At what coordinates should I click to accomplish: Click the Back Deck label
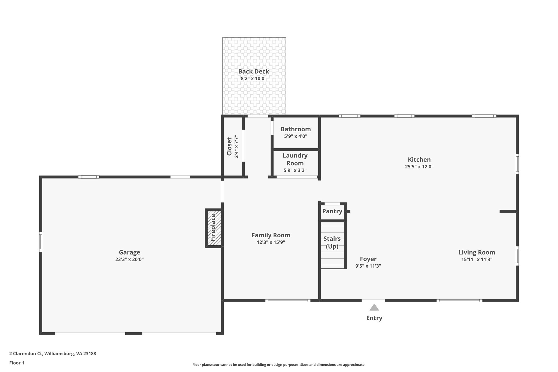click(x=253, y=71)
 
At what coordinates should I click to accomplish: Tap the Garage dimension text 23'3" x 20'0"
click(x=129, y=259)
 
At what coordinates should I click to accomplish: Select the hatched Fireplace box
click(x=213, y=228)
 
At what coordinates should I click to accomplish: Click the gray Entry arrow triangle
click(x=374, y=308)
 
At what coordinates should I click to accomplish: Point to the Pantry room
click(x=332, y=211)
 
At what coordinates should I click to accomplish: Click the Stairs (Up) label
click(x=332, y=243)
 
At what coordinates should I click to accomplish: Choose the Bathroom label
click(x=296, y=129)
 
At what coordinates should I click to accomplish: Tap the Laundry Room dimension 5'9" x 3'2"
click(x=295, y=171)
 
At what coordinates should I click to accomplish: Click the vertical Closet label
click(x=229, y=147)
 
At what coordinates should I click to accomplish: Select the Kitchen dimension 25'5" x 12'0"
click(x=419, y=167)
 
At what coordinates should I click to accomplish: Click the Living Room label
click(x=477, y=252)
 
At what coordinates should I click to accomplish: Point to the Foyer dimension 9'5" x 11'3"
click(x=368, y=266)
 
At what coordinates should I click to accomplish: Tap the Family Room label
click(x=271, y=235)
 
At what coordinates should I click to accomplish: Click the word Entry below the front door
click(x=374, y=318)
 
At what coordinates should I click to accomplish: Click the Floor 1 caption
click(x=17, y=363)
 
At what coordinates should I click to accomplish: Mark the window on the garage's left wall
click(x=41, y=242)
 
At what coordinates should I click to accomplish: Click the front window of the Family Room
click(x=288, y=301)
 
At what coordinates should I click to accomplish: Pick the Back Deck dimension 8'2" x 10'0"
click(x=253, y=79)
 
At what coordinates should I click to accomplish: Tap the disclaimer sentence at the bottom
click(x=279, y=365)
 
